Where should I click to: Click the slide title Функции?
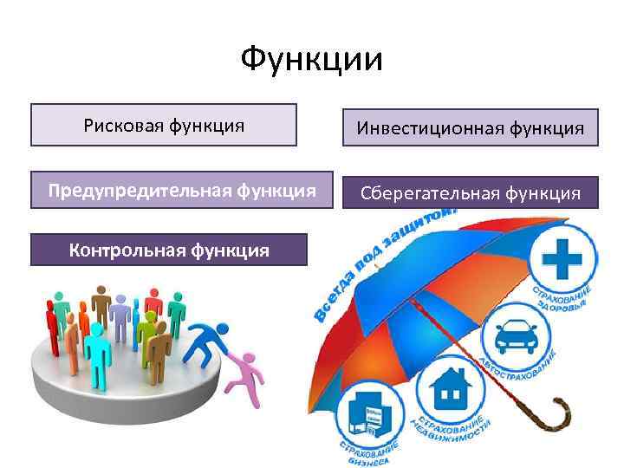coord(311,60)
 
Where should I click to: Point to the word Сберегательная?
coord(415,192)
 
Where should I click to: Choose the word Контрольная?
coord(120,250)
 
